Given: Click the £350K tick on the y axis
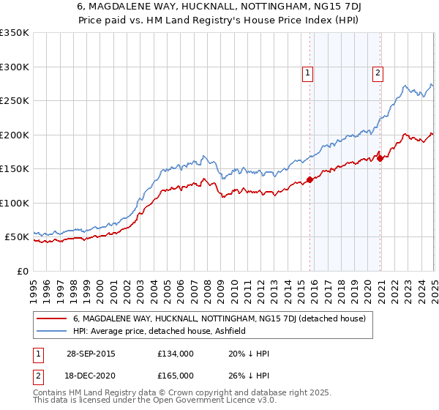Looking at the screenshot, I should [15, 33].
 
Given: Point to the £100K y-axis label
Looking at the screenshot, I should [15, 203].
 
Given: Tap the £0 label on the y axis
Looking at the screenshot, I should [23, 271].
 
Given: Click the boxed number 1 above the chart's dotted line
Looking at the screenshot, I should [308, 72].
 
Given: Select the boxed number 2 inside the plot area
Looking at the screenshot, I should [378, 72].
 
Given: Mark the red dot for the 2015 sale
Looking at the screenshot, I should [309, 179].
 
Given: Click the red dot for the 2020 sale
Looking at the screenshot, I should [380, 157].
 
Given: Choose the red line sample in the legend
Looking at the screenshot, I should [51, 319].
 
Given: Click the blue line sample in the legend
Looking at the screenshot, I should [51, 331].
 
